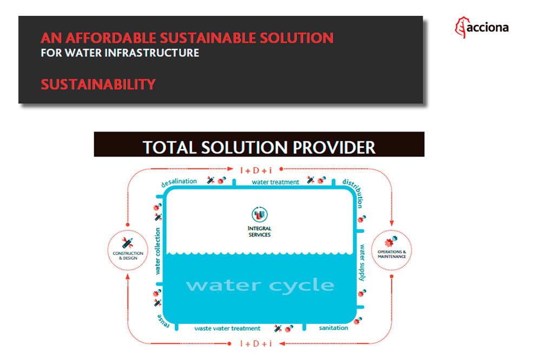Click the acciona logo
coord(482,27)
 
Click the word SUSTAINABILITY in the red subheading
coord(98,84)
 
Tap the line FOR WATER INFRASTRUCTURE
coord(120,53)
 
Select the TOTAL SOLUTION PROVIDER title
coord(259,147)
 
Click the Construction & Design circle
coord(128,250)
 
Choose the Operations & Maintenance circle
coord(392,250)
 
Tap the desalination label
coord(180,182)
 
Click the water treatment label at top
coord(275,182)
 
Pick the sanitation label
coord(333,328)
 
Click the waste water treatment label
coord(227,329)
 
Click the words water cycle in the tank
coord(260,285)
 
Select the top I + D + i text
coord(256,170)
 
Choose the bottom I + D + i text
coord(256,343)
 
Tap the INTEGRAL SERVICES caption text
coord(259,232)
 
